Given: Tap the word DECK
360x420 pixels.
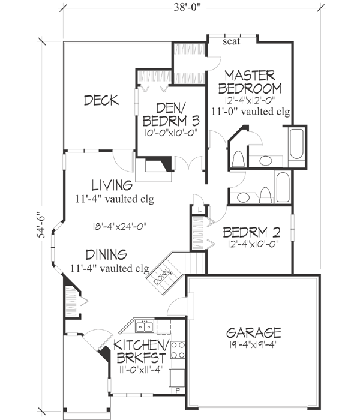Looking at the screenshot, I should point(100,100).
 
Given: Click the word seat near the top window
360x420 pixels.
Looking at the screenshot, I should point(230,42).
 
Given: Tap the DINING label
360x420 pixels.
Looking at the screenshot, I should point(105,254).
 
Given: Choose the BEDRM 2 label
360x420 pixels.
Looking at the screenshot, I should point(248,232).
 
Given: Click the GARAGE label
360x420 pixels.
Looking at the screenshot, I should point(254,332).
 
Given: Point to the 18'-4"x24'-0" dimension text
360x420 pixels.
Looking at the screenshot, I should point(115,226).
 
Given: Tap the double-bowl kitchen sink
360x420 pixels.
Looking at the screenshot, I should point(144,327).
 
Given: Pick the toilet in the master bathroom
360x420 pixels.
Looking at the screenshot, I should point(238,158).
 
